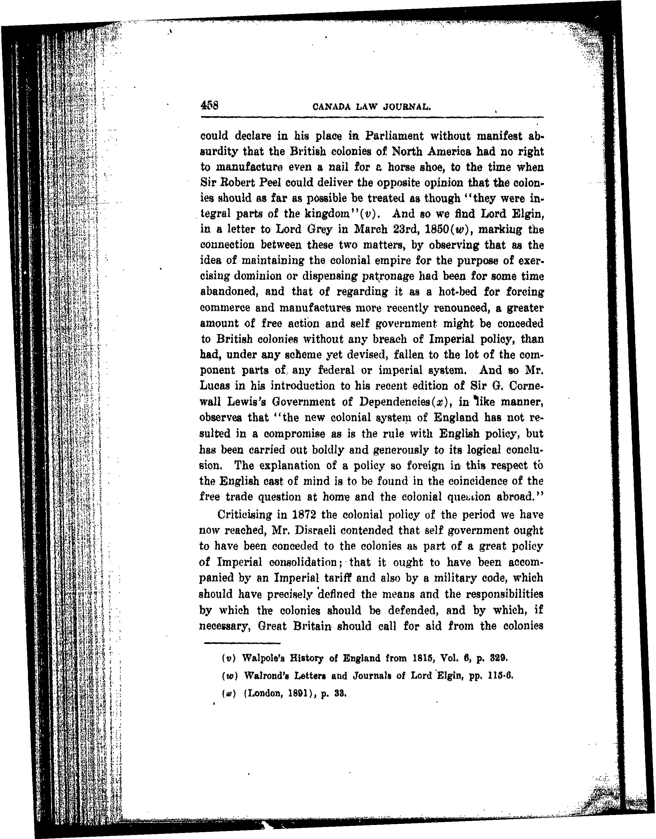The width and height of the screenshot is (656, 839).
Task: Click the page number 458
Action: pyautogui.click(x=209, y=105)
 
